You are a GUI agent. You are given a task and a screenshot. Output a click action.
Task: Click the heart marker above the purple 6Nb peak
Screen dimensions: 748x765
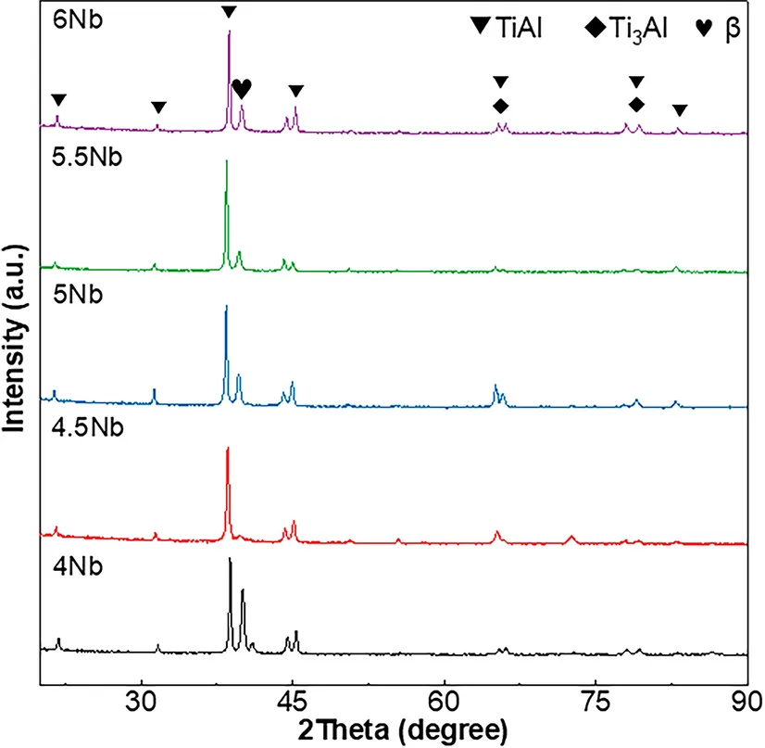(x=242, y=88)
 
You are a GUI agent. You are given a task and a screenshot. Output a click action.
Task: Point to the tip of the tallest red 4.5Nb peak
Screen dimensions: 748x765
(x=227, y=449)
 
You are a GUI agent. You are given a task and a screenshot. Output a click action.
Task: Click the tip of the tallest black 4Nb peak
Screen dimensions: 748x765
(x=230, y=559)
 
